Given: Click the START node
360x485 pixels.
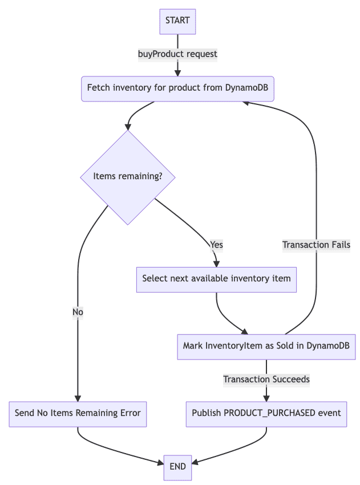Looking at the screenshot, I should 177,21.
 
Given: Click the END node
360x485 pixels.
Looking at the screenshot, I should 177,466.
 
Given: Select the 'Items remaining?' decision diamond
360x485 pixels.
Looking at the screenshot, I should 127,177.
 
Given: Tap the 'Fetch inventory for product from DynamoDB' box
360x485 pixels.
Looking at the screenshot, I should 177,88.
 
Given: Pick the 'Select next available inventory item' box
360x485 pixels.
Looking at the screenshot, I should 216,279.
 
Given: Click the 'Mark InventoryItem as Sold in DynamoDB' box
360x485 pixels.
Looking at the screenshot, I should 266,346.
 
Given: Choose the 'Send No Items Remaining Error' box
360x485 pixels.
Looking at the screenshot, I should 78,413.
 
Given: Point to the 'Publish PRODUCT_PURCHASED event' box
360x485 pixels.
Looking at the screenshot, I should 266,413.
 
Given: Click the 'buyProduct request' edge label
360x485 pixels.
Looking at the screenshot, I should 177,54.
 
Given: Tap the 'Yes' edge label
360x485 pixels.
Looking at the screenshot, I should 216,245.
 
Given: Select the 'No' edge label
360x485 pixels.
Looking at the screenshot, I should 78,312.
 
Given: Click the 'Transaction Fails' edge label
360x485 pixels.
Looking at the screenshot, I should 316,245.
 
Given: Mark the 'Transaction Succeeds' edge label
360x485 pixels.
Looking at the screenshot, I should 266,379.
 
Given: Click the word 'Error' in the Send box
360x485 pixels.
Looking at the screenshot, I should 128,413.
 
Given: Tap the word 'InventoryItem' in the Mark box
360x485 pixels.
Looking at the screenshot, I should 234,346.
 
